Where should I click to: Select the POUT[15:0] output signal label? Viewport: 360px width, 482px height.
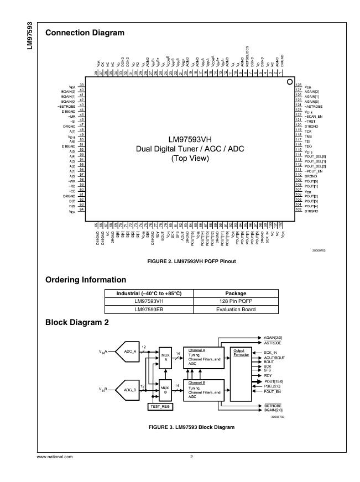tap(275, 381)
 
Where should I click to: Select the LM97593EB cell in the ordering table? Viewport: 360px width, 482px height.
tap(149, 310)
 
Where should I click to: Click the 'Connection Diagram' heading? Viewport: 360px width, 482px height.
tap(85, 33)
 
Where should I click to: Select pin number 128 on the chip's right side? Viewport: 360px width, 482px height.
tap(298, 86)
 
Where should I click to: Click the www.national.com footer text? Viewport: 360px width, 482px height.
tap(55, 457)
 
